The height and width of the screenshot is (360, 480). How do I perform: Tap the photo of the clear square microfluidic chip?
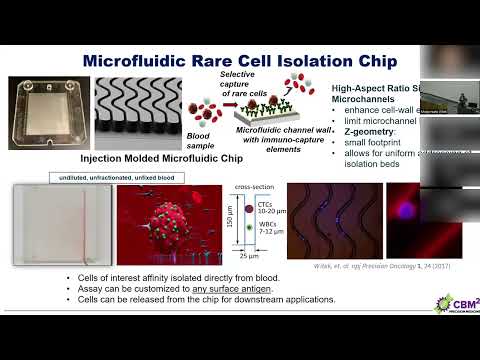(x=47, y=113)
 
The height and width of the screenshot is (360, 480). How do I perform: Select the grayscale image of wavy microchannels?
(x=137, y=113)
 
